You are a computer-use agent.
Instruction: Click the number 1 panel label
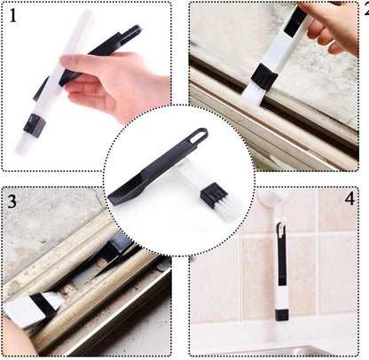pos(13,15)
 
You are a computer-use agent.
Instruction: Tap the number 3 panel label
pos(12,201)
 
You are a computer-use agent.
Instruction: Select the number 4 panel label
pos(349,198)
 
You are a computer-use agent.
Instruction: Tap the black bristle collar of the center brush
pos(214,193)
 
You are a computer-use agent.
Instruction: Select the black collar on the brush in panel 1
pos(35,126)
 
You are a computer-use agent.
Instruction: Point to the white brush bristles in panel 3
pos(52,299)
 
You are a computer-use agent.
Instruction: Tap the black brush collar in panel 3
pos(43,305)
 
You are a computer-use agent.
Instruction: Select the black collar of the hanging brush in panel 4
pos(281,316)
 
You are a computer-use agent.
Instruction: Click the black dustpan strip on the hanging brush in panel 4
pos(280,254)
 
